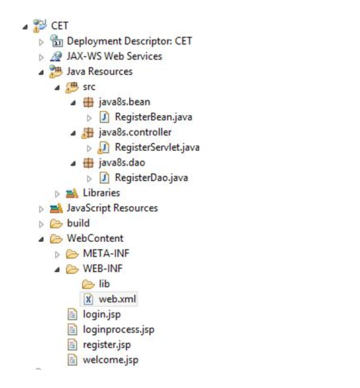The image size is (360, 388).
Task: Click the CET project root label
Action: point(60,26)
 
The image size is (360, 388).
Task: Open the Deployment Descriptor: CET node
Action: point(129,41)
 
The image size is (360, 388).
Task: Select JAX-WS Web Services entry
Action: point(114,56)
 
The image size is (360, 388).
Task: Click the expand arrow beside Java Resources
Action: point(41,72)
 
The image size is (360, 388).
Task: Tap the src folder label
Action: point(89,87)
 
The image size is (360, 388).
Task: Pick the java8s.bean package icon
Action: point(88,102)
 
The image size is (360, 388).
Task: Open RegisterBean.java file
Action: point(153,117)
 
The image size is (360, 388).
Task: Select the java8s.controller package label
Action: point(135,132)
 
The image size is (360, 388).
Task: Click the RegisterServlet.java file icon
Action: point(104,148)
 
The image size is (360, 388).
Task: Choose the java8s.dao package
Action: point(122,162)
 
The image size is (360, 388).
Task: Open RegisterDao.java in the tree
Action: point(151,178)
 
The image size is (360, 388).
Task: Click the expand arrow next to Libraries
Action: point(57,194)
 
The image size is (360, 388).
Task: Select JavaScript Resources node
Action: point(112,208)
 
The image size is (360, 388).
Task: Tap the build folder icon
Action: point(56,224)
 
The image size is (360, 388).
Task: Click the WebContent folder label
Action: point(95,238)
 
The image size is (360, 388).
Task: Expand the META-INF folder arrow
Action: point(57,255)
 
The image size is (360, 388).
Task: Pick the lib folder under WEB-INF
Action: point(104,284)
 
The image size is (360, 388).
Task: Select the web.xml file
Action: point(118,299)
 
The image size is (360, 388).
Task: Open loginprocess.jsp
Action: point(118,329)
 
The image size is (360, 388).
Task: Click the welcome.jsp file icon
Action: point(72,360)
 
